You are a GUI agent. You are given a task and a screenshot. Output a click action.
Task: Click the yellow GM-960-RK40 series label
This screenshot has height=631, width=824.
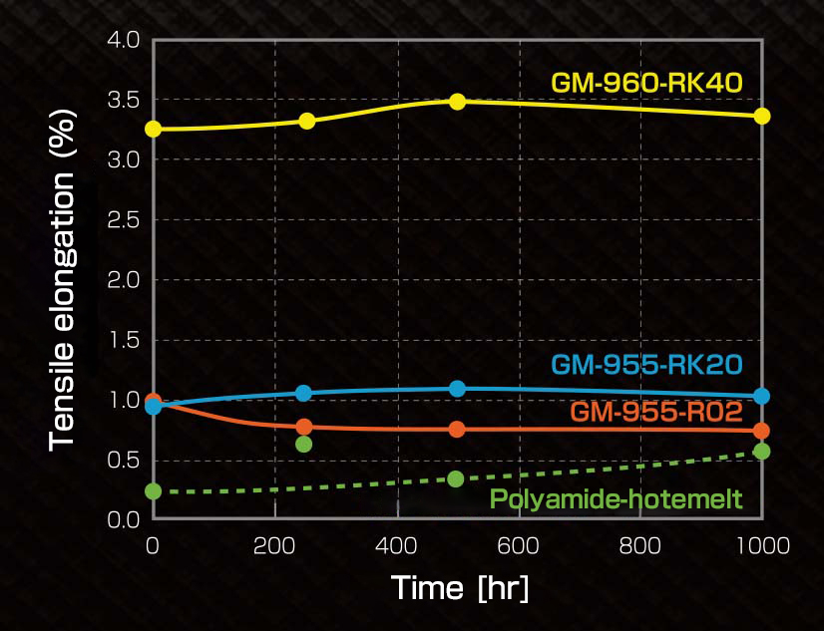click(x=646, y=82)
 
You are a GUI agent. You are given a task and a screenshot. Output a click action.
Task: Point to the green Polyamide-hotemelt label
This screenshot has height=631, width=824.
click(x=617, y=498)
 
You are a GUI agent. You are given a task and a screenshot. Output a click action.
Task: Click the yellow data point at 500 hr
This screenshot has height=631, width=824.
click(x=457, y=101)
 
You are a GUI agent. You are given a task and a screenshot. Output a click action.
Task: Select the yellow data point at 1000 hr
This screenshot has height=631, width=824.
click(x=762, y=116)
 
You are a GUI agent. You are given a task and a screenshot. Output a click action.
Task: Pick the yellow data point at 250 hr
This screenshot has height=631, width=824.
click(x=306, y=121)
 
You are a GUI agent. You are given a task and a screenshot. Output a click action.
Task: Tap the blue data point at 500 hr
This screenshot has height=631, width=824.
click(x=457, y=388)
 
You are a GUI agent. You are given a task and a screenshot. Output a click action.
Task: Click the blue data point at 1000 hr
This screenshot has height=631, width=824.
click(x=762, y=396)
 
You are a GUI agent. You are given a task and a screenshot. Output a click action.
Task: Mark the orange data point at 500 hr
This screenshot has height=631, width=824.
click(x=457, y=429)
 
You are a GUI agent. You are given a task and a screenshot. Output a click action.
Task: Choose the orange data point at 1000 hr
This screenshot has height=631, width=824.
click(x=762, y=431)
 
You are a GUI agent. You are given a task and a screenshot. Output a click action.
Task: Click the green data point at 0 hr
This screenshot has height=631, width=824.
click(x=153, y=490)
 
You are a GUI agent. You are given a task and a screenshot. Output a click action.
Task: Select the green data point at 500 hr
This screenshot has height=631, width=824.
click(x=456, y=478)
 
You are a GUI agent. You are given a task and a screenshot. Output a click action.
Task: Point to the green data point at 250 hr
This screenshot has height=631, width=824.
click(x=304, y=444)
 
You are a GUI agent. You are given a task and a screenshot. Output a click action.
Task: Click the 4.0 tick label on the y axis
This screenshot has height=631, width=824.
click(x=125, y=41)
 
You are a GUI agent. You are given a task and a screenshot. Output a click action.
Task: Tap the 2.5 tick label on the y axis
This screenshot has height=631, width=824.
click(x=125, y=220)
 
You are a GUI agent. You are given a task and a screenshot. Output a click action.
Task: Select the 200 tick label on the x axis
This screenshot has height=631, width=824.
click(x=274, y=545)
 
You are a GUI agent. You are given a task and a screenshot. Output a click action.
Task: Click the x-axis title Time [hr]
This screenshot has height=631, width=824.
click(x=460, y=587)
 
